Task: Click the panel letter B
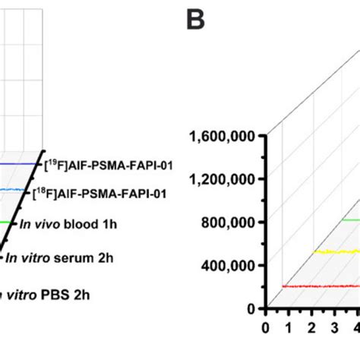[x=196, y=21]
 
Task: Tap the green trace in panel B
[x=349, y=219]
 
